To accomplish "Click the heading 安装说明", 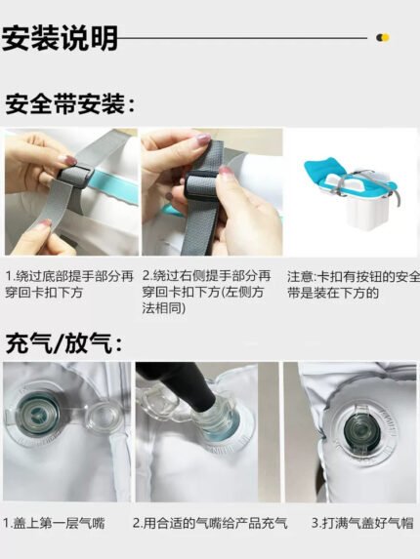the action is (60, 38).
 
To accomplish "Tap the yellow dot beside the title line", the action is (386, 37).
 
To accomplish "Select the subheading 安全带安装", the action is (70, 103).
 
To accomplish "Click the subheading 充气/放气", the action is (64, 343).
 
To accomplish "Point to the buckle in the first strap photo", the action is (75, 176).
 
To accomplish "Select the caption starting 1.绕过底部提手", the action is (69, 284).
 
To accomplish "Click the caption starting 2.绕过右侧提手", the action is (207, 292).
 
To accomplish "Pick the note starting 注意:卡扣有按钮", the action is (354, 285).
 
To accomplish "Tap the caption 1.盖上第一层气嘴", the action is (55, 523).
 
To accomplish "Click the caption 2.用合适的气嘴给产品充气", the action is (210, 523).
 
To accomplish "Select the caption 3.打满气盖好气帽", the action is (362, 523).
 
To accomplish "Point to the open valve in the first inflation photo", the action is (36, 414).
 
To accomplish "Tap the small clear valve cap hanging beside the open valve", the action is (101, 416).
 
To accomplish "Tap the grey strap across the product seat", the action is (352, 178).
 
